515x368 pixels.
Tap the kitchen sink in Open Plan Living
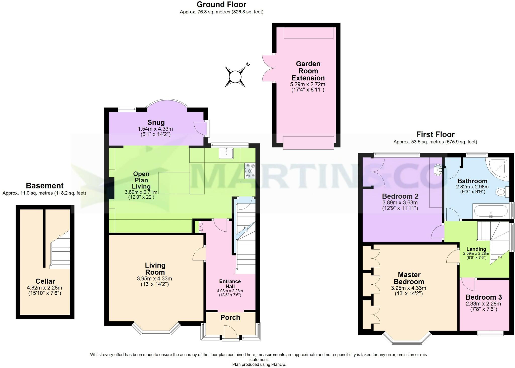click(226, 153)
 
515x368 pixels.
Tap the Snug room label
click(156, 123)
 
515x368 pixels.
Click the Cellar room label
click(45, 281)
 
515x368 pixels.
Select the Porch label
click(230, 318)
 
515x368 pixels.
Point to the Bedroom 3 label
click(484, 297)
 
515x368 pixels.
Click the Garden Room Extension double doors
click(269, 68)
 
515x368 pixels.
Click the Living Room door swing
click(199, 254)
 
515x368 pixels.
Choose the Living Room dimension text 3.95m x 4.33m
click(154, 279)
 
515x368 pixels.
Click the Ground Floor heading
click(221, 5)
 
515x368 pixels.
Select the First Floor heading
click(435, 134)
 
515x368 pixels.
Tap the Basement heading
click(45, 186)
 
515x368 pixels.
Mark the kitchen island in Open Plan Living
click(174, 183)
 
